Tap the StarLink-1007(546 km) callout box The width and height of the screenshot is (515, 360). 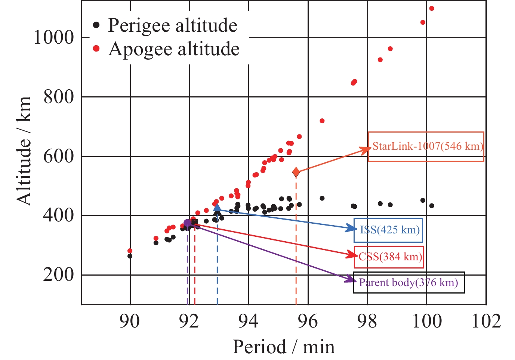[x=426, y=146]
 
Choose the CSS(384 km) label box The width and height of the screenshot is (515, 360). [x=389, y=257]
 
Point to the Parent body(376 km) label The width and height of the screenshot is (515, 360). [x=408, y=282]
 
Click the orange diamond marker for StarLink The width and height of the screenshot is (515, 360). [x=296, y=172]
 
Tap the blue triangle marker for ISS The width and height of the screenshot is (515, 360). [x=217, y=208]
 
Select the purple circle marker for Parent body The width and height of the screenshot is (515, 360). [x=187, y=223]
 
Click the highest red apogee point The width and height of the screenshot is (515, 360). [x=432, y=9]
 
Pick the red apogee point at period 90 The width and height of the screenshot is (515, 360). [x=130, y=251]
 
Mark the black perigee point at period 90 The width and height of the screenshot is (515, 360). [x=130, y=256]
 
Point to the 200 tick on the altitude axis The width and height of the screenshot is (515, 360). [x=58, y=275]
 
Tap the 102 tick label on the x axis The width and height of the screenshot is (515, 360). [x=486, y=321]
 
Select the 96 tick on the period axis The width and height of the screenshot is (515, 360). [x=308, y=321]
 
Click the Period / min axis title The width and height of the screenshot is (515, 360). [x=283, y=347]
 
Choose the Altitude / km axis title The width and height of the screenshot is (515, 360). [x=24, y=150]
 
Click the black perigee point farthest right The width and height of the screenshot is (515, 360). [x=432, y=206]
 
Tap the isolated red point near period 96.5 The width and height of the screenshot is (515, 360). [x=322, y=121]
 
